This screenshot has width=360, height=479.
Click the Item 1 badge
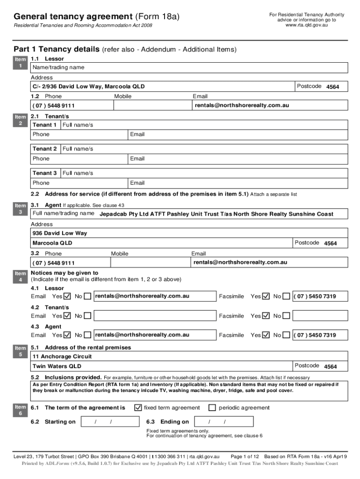pyautogui.click(x=20, y=63)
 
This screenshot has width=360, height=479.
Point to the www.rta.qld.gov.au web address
pyautogui.click(x=307, y=25)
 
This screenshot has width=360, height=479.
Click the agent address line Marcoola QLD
pyautogui.click(x=52, y=243)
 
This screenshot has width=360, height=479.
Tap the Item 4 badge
pyautogui.click(x=20, y=276)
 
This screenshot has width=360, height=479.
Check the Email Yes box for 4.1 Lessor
pyautogui.click(x=67, y=296)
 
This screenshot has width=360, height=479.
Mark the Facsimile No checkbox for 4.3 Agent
pyautogui.click(x=286, y=335)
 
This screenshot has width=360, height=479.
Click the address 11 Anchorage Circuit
pyautogui.click(x=56, y=356)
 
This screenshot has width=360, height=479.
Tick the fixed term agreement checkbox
pyautogui.click(x=138, y=407)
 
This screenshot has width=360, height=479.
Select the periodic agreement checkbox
pyautogui.click(x=212, y=407)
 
